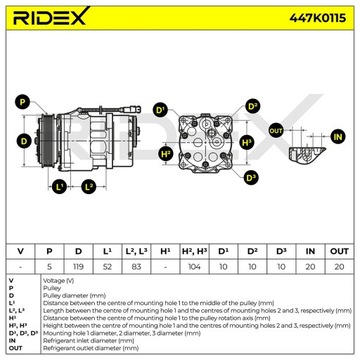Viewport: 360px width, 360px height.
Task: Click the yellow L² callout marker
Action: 89,187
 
